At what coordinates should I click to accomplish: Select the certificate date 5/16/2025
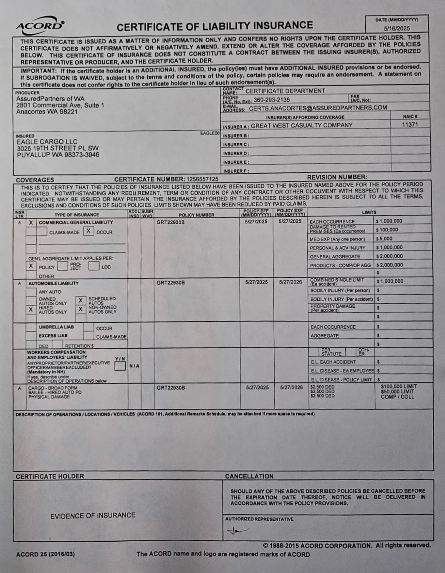(x=397, y=28)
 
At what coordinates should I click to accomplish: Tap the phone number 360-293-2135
(x=271, y=100)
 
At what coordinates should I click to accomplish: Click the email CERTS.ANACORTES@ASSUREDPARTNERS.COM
(x=318, y=108)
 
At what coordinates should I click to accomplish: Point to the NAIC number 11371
(x=410, y=124)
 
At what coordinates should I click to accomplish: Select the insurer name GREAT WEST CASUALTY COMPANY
(x=301, y=125)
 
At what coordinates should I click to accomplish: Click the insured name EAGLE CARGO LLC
(x=47, y=142)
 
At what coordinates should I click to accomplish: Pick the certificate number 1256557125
(x=202, y=179)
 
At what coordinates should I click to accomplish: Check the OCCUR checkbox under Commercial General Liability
(x=88, y=231)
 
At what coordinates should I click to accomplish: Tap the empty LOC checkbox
(x=94, y=266)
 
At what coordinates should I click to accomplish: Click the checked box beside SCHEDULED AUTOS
(x=81, y=300)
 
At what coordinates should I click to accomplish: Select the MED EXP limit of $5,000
(x=384, y=239)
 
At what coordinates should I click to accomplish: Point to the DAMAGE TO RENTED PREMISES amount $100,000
(x=387, y=230)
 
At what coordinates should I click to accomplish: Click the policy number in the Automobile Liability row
(x=170, y=283)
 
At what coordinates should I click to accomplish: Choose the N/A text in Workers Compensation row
(x=134, y=366)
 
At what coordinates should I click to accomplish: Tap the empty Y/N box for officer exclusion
(x=120, y=366)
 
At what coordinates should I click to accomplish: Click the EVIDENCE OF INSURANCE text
(x=93, y=515)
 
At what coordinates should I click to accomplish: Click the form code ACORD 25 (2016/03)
(x=45, y=554)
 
